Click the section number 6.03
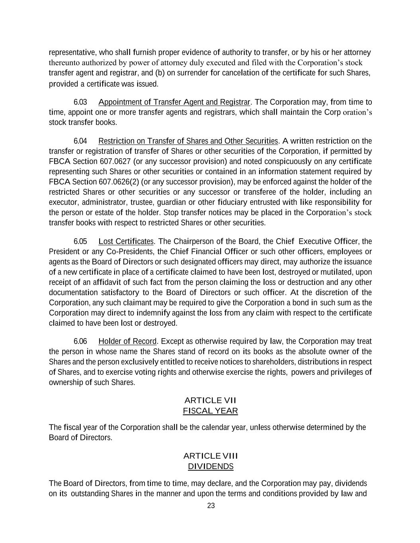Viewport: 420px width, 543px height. point(80,102)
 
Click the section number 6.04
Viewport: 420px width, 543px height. point(80,141)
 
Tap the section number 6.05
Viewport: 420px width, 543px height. point(80,241)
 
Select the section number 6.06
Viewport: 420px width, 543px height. point(80,341)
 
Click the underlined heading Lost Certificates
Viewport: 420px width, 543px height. point(126,241)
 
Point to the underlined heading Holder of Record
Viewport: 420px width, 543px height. point(127,341)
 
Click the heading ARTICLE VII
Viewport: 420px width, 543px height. point(211,400)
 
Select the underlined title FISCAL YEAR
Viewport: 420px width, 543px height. point(210,411)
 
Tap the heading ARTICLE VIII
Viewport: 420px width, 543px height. point(211,455)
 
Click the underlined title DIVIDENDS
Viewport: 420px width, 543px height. point(210,466)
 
